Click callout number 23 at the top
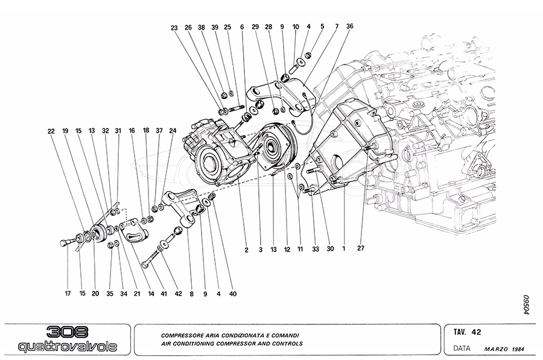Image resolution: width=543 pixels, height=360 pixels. click(x=174, y=27)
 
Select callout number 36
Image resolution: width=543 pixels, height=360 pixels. click(x=350, y=27)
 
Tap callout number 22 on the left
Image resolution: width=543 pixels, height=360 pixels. click(x=51, y=130)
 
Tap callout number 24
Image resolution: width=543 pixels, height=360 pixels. click(x=173, y=130)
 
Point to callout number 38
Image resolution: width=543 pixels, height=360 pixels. click(x=202, y=27)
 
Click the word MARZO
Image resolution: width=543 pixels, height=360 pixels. click(x=496, y=349)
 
